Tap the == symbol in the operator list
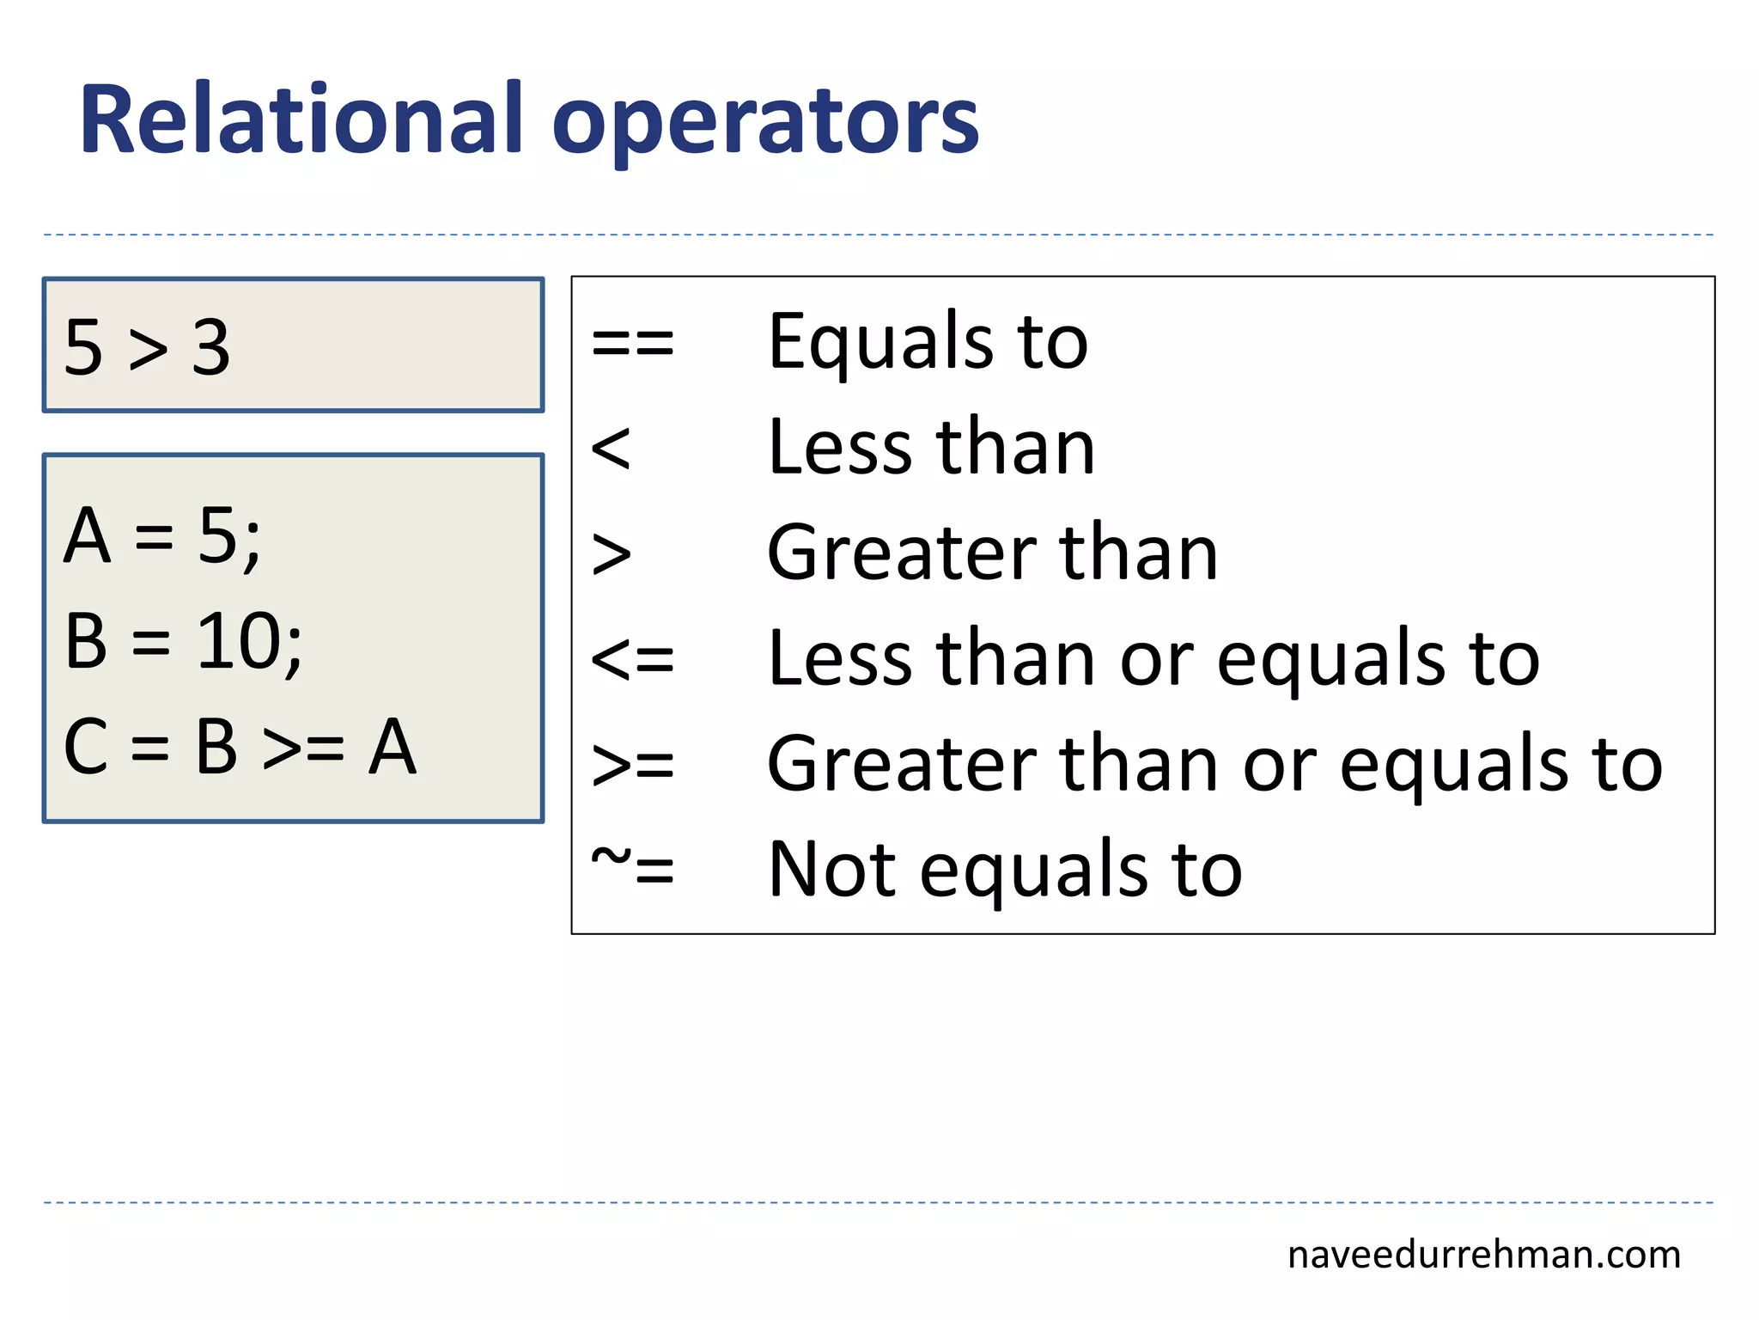pos(633,344)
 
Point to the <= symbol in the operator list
pos(633,660)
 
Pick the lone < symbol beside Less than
pos(611,449)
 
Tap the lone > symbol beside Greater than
pos(611,554)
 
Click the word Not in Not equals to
pos(830,870)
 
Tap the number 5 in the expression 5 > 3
pos(83,348)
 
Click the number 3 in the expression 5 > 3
pos(211,348)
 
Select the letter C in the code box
pos(86,747)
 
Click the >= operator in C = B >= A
pos(303,749)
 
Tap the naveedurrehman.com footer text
pos(1483,1256)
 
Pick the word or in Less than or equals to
pos(1156,660)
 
